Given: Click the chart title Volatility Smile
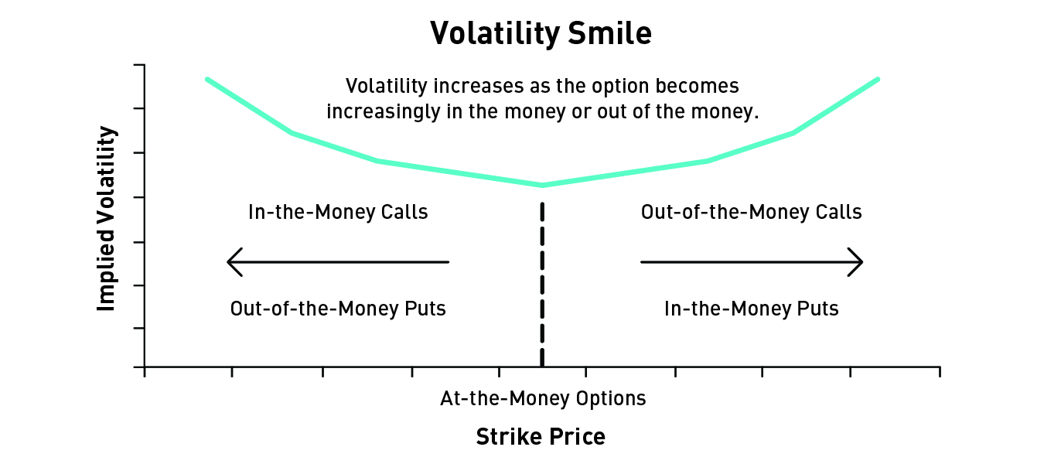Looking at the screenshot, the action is point(541,33).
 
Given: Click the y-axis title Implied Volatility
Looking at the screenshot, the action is point(106,219).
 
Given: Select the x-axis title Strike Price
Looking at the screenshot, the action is point(541,436).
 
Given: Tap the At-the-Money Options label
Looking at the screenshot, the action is point(543,399).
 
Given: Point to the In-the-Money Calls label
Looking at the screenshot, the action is point(338,212).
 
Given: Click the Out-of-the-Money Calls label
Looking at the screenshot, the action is point(752,212).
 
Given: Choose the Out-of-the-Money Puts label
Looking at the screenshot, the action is point(338,309).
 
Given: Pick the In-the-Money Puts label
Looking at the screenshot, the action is point(752,309).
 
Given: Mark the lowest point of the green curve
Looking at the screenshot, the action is point(542,186).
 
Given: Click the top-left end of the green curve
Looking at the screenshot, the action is point(207,80).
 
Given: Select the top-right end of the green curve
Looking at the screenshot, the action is point(878,80).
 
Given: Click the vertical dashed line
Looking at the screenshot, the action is point(542,284).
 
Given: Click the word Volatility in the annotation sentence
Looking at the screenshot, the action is point(387,86).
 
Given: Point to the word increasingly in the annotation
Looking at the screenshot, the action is point(383,112).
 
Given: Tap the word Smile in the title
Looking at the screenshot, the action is point(609,33).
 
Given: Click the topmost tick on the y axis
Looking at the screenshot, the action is point(139,65).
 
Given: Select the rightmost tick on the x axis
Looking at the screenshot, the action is point(940,372).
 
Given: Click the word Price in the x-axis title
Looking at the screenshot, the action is point(577,436).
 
